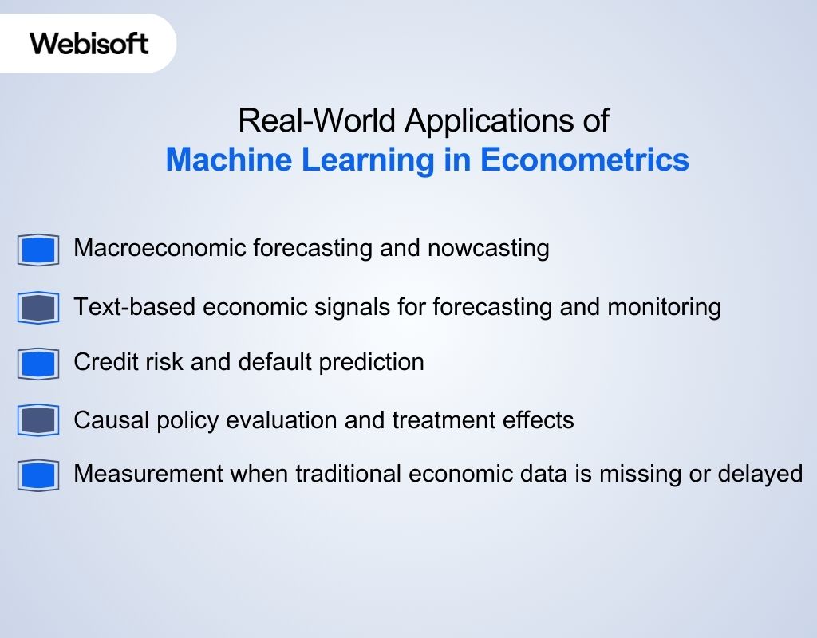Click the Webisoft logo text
(89, 43)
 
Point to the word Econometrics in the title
(584, 159)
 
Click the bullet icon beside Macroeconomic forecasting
(38, 250)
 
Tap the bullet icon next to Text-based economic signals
(38, 308)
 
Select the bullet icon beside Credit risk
(38, 364)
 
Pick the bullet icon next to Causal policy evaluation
(38, 420)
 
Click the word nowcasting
(488, 248)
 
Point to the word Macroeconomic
(160, 248)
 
